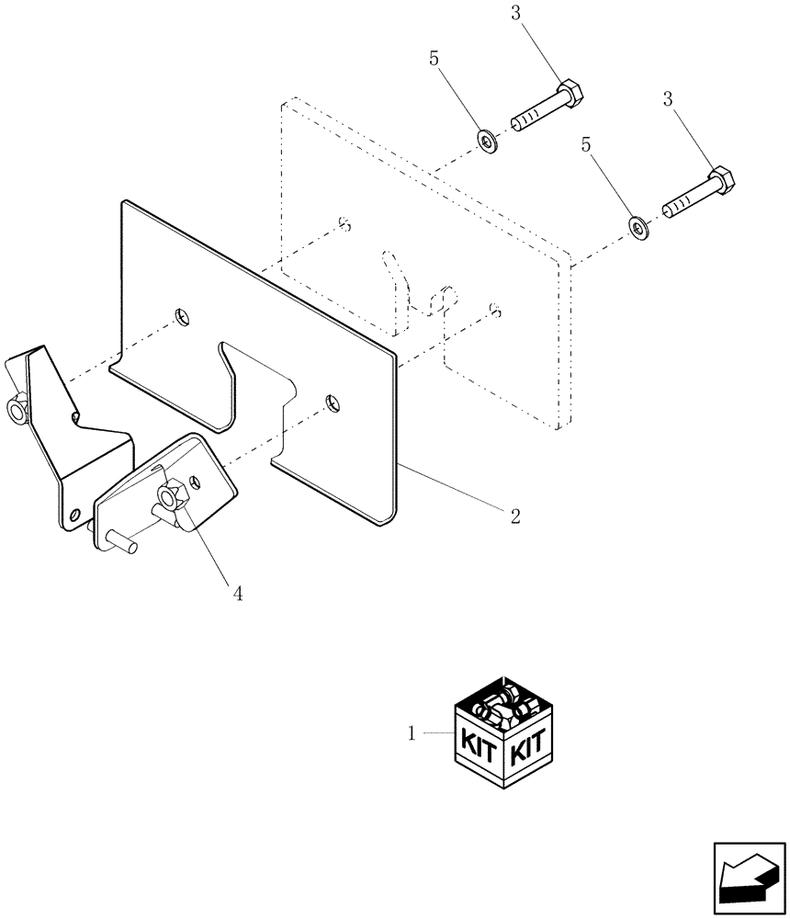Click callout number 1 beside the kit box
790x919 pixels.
coord(412,733)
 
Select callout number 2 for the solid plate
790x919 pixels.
coord(514,516)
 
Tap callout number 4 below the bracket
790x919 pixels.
coord(237,594)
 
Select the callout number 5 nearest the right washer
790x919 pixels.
coord(584,144)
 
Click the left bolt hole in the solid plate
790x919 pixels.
coord(184,317)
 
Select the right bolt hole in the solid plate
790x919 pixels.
coord(332,402)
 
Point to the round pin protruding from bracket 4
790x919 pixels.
coord(122,541)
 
